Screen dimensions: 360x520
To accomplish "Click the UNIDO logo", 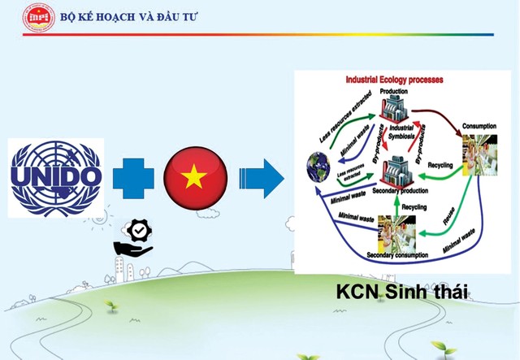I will click(x=55, y=176).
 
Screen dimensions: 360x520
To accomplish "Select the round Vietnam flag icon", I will click(x=195, y=177).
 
